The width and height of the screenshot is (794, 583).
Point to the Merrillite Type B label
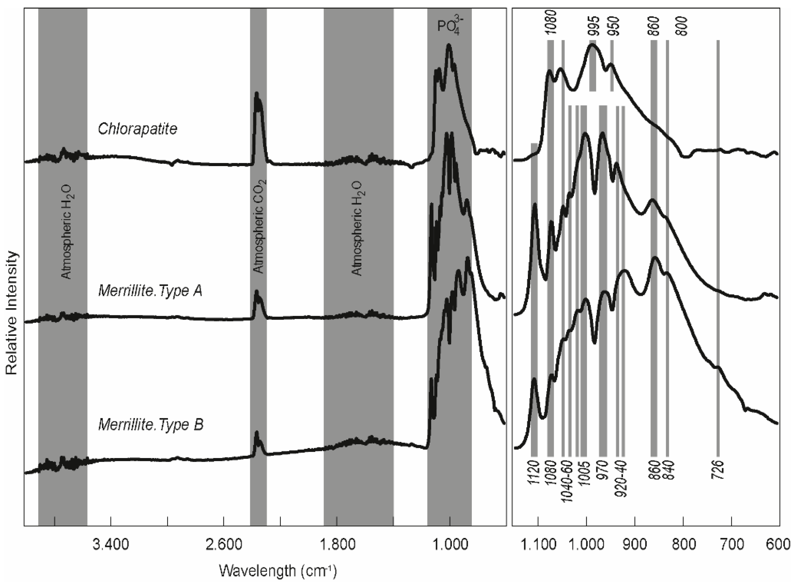click(151, 425)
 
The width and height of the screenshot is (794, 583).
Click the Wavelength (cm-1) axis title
click(278, 571)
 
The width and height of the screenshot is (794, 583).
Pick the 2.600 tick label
click(224, 544)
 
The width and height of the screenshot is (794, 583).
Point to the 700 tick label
click(732, 544)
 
